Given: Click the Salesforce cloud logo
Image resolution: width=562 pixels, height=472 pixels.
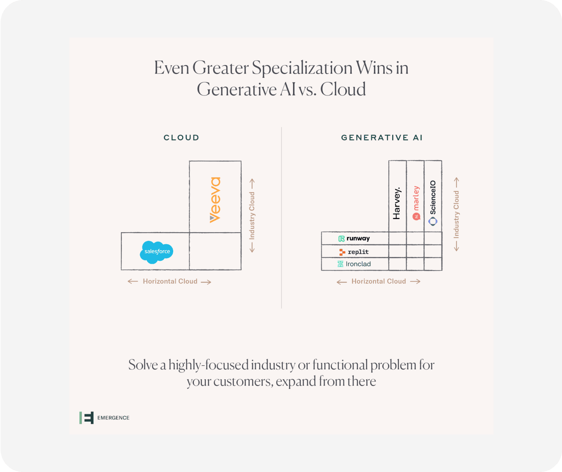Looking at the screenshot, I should [156, 252].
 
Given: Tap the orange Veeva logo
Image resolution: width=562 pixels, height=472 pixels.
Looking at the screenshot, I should [215, 200].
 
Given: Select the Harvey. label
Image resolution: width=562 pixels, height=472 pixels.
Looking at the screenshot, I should [397, 203].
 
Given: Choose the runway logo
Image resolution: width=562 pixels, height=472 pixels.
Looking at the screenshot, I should [354, 239].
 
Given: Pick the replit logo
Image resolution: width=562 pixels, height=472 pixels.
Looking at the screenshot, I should [354, 252].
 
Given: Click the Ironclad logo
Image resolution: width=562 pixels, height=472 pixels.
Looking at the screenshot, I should [354, 264].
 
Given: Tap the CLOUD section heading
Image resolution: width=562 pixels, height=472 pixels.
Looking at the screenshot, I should [181, 138].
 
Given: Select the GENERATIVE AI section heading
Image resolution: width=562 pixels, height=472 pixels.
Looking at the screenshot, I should [382, 138].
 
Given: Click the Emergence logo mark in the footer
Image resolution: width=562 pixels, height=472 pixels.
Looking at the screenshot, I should [86, 418].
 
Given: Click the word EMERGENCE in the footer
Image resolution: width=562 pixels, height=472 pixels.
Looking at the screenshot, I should [113, 418].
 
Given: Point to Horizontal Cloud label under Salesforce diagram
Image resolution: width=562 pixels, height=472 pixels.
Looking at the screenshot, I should [170, 281].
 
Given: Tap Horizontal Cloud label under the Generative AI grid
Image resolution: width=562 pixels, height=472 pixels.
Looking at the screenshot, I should [379, 281].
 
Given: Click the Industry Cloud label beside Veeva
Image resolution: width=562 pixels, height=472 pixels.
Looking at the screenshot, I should [252, 215].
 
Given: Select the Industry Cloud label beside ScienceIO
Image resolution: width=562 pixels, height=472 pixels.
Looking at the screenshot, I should [456, 214].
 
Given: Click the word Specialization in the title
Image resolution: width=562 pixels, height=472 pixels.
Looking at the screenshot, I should [302, 68].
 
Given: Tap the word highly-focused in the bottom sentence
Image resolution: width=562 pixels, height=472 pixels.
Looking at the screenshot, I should [208, 365].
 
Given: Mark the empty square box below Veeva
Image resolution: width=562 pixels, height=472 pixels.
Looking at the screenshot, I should [215, 251].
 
